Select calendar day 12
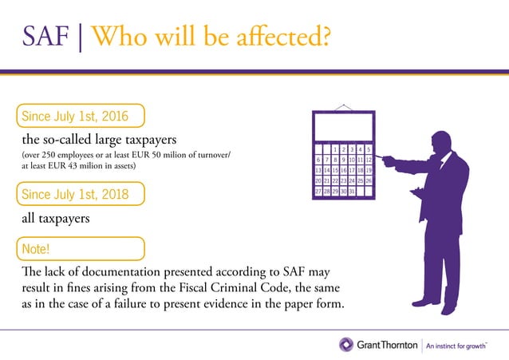click(369, 160)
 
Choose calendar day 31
click(351, 192)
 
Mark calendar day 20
click(318, 181)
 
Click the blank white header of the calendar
click(343, 127)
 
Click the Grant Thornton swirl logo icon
click(345, 344)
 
